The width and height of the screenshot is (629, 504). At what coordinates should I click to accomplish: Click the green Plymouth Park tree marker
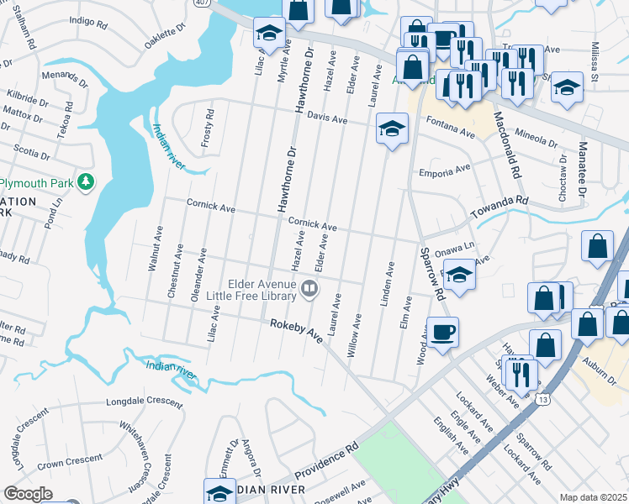coord(85,181)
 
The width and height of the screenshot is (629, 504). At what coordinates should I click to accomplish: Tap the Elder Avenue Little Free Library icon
coord(310,290)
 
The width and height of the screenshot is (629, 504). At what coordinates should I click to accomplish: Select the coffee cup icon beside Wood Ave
coord(442,331)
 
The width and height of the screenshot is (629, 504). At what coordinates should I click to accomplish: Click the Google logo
coord(28,494)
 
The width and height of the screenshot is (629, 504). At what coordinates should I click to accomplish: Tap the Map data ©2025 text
coord(592,497)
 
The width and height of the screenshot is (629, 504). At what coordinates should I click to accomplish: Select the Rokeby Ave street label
coord(296,329)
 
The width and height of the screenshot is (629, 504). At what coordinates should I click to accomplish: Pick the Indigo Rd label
coord(92,19)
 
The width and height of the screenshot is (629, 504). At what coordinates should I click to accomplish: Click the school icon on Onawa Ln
coord(459,276)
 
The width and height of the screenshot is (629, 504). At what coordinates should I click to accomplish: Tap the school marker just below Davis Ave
coord(392,129)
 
